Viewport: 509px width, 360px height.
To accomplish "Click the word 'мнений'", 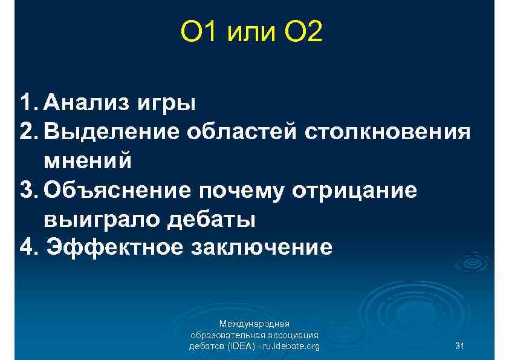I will tap(87, 161).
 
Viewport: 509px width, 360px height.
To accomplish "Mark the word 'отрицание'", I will tap(355, 190).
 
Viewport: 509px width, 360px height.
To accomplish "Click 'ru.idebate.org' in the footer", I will tap(290, 346).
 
